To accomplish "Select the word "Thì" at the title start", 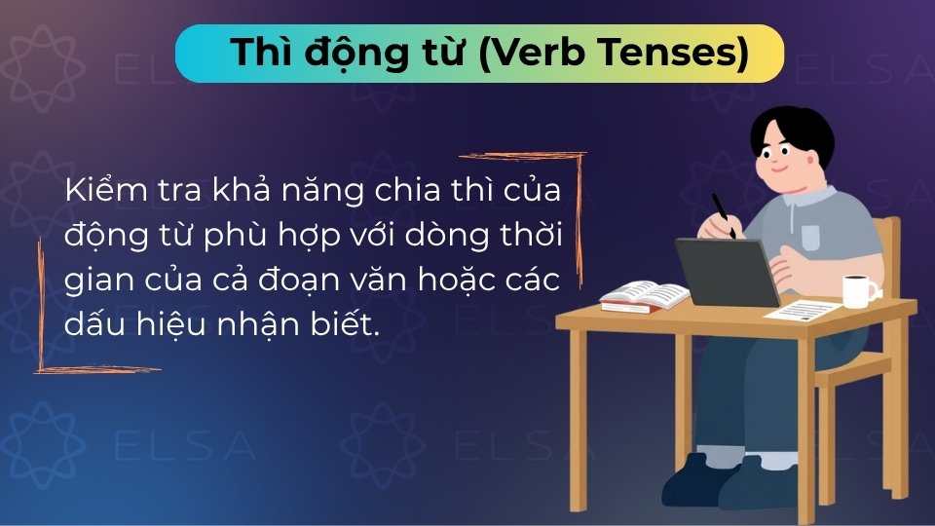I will point(255,54).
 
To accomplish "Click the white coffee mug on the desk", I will point(858,289).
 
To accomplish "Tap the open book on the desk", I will point(644,294).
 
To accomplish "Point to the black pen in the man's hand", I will point(723,213).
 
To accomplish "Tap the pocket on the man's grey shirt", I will point(811,238).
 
